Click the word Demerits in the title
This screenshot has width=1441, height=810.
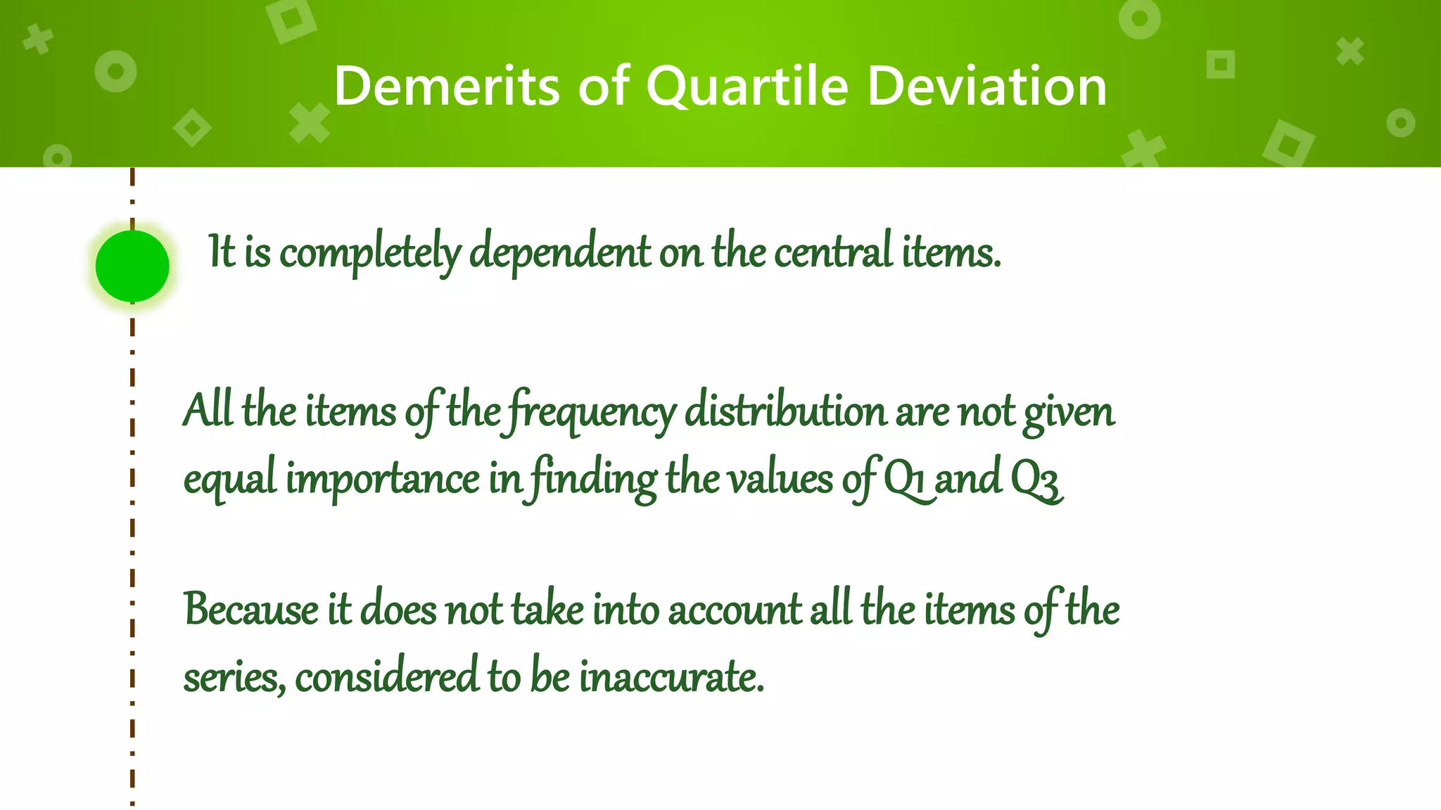[446, 86]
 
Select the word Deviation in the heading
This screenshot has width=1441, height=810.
[986, 86]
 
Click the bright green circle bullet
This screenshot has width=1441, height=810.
[132, 266]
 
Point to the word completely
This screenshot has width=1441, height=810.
[370, 253]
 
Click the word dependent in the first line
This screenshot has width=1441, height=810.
[560, 253]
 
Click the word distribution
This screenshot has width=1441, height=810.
[785, 411]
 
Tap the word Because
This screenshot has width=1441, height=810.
[251, 609]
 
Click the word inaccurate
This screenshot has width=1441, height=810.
[671, 676]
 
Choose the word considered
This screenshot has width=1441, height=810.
[387, 676]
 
